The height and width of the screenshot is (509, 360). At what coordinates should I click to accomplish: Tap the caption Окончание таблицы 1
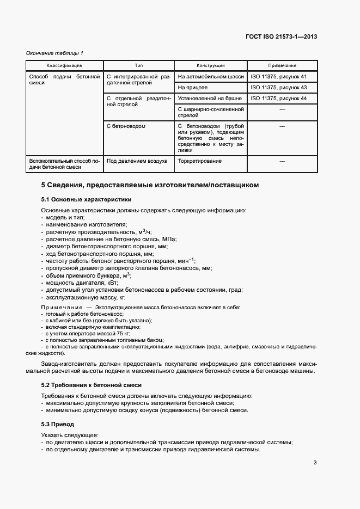coord(55,53)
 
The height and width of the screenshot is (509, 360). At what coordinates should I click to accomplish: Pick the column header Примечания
coord(282,65)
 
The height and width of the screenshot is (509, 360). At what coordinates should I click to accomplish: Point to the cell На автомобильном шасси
coord(211,77)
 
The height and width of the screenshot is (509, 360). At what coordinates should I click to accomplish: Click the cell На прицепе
coord(193,87)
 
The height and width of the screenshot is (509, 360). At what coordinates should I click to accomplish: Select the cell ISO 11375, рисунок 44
coord(279,98)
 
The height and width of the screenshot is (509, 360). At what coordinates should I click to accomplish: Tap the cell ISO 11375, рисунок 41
coord(279,77)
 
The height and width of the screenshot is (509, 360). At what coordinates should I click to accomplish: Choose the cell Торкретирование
coord(200,161)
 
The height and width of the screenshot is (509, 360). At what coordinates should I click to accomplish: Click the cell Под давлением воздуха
coord(137,161)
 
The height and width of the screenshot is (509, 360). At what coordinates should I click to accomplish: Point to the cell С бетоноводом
coord(126,126)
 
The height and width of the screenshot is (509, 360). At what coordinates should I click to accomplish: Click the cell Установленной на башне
coord(210,98)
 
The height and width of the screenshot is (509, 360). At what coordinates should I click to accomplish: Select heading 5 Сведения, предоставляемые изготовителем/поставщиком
coord(150,185)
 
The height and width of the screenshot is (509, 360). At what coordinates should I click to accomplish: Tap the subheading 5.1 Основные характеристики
coord(86,199)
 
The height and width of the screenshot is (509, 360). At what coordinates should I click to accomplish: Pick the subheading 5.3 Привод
coord(58,424)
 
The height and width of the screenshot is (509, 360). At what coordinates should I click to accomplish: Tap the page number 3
coord(315,463)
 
